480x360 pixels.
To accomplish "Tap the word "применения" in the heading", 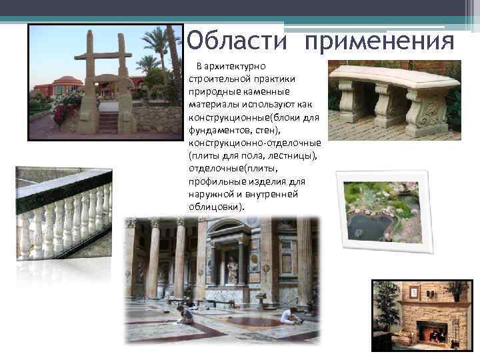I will pos(380,42).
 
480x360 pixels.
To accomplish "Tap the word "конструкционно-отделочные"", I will pos(255,143).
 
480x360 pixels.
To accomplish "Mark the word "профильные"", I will pos(217,181).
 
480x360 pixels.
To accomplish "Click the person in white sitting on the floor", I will pos(288,317).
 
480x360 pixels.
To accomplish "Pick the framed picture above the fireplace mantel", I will pos(414,292).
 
